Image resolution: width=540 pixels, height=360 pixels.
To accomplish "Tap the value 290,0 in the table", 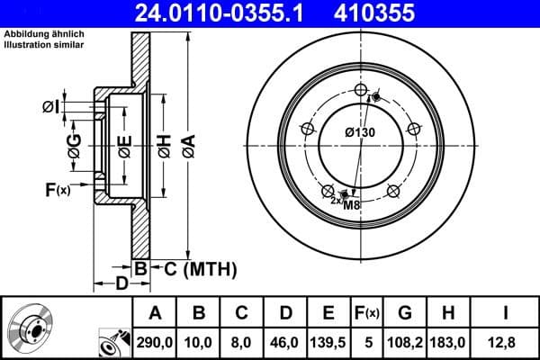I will click(156, 341).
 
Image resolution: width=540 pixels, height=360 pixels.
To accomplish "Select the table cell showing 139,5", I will click(328, 341).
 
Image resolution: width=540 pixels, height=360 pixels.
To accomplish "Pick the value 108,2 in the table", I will click(404, 341).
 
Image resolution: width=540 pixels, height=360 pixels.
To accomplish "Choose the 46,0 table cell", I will click(285, 341).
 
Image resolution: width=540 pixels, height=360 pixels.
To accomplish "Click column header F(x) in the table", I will click(367, 313).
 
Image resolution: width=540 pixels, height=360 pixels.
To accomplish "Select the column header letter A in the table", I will click(156, 313).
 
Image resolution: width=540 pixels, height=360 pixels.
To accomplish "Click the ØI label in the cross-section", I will click(50, 107).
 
